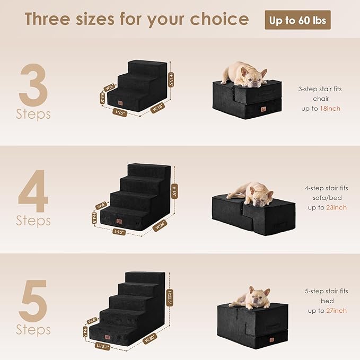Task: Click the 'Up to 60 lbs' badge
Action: point(298,20)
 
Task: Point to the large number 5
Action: point(34,301)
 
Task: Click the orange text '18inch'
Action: point(330,108)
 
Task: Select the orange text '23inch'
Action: point(336,207)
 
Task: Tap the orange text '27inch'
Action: point(336,310)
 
